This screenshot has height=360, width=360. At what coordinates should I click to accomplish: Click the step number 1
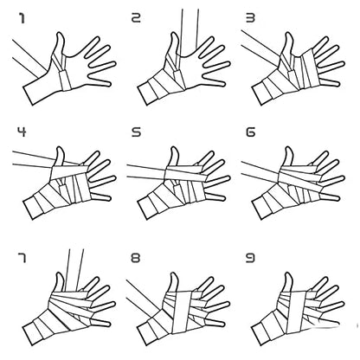point(22,18)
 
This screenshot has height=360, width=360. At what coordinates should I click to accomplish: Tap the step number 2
point(136,18)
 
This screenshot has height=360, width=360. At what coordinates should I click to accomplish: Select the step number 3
point(250,18)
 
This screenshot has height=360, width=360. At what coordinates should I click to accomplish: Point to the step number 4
point(22,132)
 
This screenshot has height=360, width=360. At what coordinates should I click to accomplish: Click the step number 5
point(136,132)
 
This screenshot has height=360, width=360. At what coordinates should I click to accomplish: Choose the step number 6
point(250,132)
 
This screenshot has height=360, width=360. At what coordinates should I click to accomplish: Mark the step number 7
point(22,258)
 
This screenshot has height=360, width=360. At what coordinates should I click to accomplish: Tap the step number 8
point(136,258)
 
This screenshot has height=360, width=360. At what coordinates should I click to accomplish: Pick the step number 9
point(250,258)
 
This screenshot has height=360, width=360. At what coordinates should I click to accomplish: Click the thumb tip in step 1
point(61,34)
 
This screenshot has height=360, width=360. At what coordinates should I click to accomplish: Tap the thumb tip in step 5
point(174,148)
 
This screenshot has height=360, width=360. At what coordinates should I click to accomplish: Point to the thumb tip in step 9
point(288,274)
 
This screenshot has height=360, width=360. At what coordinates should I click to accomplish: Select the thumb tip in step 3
point(288,34)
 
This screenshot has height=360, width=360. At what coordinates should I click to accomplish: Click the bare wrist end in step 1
point(29,95)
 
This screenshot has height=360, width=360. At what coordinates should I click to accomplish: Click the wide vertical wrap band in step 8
point(182,312)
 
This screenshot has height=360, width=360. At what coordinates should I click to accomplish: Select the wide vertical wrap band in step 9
point(296,312)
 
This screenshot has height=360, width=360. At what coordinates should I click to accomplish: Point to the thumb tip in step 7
point(60,274)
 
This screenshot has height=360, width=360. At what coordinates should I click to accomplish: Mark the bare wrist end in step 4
point(29,209)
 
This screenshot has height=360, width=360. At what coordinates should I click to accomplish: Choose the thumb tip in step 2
point(174,34)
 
